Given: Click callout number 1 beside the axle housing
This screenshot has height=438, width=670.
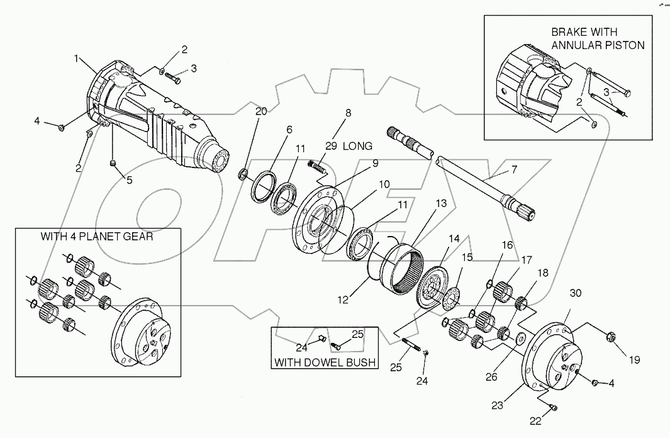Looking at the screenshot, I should point(77,59).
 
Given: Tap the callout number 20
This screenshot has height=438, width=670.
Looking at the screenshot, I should point(261,111).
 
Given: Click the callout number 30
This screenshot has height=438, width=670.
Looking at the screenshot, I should point(576,293).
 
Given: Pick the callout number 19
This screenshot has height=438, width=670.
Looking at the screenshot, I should point(633,360).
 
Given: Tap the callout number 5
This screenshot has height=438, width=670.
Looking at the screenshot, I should point(129,179).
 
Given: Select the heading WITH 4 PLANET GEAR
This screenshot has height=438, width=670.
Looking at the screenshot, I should point(97,237).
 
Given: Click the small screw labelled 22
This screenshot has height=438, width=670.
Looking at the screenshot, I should point(552,407).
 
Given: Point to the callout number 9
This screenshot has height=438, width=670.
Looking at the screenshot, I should point(374,163).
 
